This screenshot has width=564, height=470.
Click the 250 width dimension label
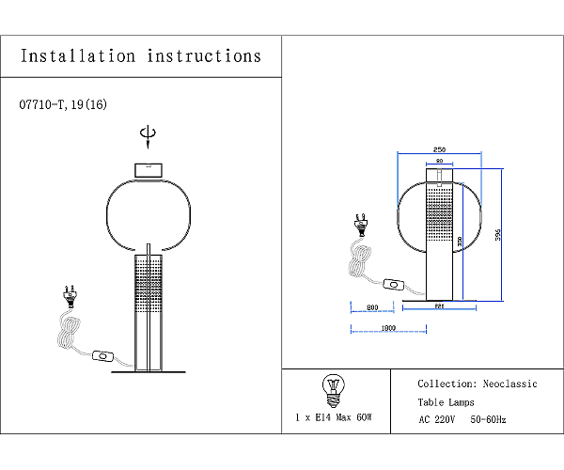439,149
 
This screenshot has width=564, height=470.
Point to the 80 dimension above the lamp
439,162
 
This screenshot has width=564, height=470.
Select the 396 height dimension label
498,236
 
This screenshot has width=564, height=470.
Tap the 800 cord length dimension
372,307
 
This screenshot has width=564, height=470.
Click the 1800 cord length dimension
387,328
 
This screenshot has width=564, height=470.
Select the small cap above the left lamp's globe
147,169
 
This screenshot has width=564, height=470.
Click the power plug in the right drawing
359,224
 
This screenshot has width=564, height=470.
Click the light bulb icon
332,387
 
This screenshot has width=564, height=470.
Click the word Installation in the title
78,55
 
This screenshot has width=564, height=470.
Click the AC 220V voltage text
437,420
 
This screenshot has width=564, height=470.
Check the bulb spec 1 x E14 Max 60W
334,416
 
